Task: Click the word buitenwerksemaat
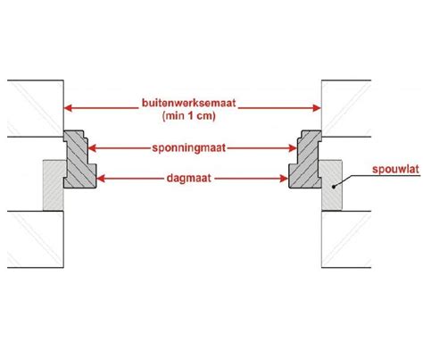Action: point(188,103)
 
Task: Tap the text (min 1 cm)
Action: point(189,115)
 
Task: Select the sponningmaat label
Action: point(189,148)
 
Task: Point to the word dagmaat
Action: point(189,178)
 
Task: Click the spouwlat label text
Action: point(395,170)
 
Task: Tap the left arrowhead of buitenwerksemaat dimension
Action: point(68,108)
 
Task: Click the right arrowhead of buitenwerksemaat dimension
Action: point(317,108)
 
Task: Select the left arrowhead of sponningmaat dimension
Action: point(93,148)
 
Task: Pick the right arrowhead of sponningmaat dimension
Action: point(293,148)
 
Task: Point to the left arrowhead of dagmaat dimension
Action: point(101,179)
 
